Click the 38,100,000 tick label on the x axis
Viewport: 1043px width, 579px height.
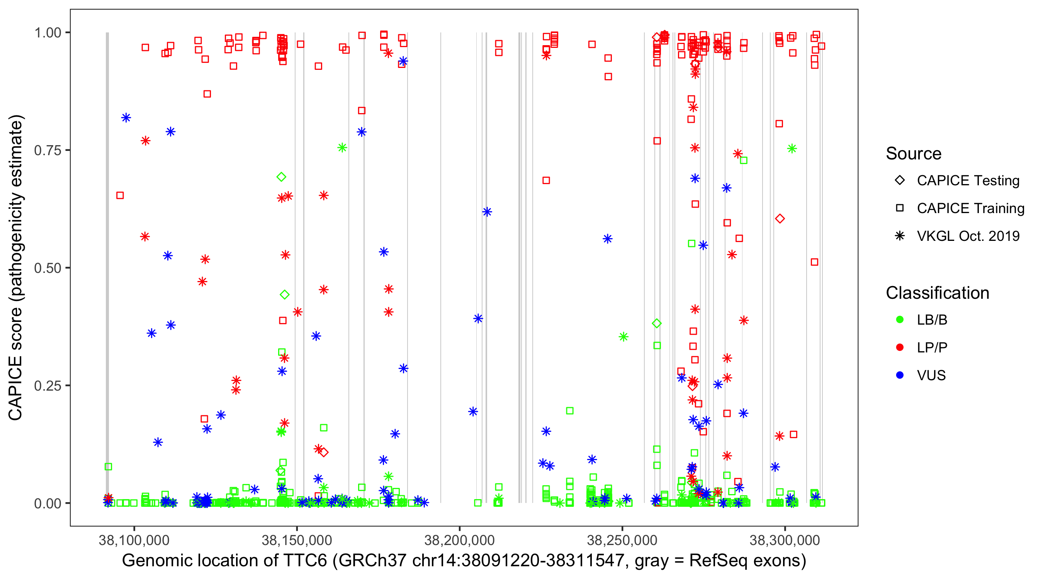[134, 540]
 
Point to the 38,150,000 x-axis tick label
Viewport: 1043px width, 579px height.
[297, 540]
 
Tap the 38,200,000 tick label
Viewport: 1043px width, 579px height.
[460, 540]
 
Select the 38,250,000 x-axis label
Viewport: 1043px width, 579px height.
[622, 540]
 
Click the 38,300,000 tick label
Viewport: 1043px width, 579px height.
[785, 540]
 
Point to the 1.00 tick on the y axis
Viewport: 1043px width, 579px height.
[48, 33]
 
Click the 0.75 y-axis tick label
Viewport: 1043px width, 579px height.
[48, 151]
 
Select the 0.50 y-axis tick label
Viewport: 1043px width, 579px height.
[48, 268]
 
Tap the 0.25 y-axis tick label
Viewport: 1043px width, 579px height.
[48, 386]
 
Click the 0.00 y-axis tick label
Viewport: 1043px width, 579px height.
[48, 503]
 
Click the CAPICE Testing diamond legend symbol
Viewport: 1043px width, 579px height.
[900, 181]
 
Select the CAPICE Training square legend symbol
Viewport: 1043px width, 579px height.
[900, 208]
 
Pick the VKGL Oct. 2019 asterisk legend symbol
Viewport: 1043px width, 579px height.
[900, 236]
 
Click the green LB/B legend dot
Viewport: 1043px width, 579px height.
[900, 320]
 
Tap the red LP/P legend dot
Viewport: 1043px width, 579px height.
[900, 347]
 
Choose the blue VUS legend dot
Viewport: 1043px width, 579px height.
[900, 375]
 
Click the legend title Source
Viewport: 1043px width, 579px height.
[914, 154]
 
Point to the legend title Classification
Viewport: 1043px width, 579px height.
[937, 293]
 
